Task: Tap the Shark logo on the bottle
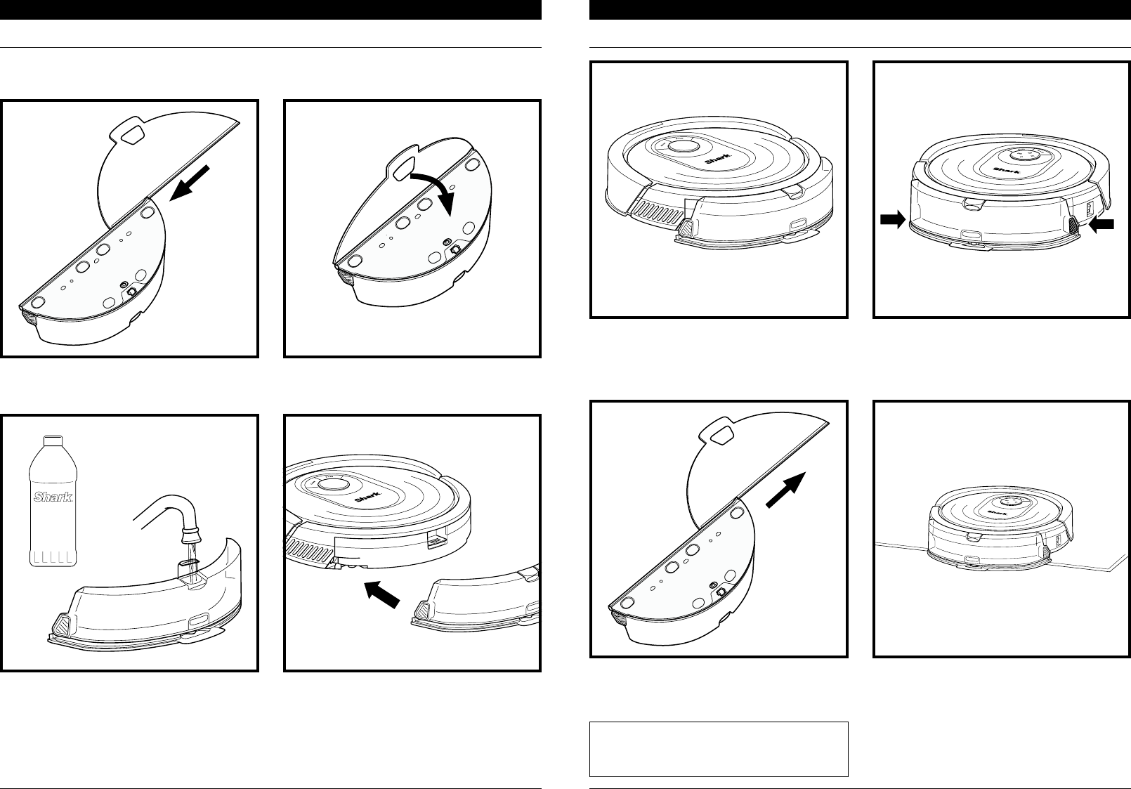tap(53, 497)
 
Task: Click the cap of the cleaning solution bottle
tap(53, 441)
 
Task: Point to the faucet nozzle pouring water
tap(190, 535)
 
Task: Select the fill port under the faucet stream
tap(190, 570)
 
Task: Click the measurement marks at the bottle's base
tap(53, 558)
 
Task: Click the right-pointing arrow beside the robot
tap(892, 220)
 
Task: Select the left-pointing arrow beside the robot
tap(1101, 225)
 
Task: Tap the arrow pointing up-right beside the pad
tap(785, 490)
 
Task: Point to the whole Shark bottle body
tap(53, 501)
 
